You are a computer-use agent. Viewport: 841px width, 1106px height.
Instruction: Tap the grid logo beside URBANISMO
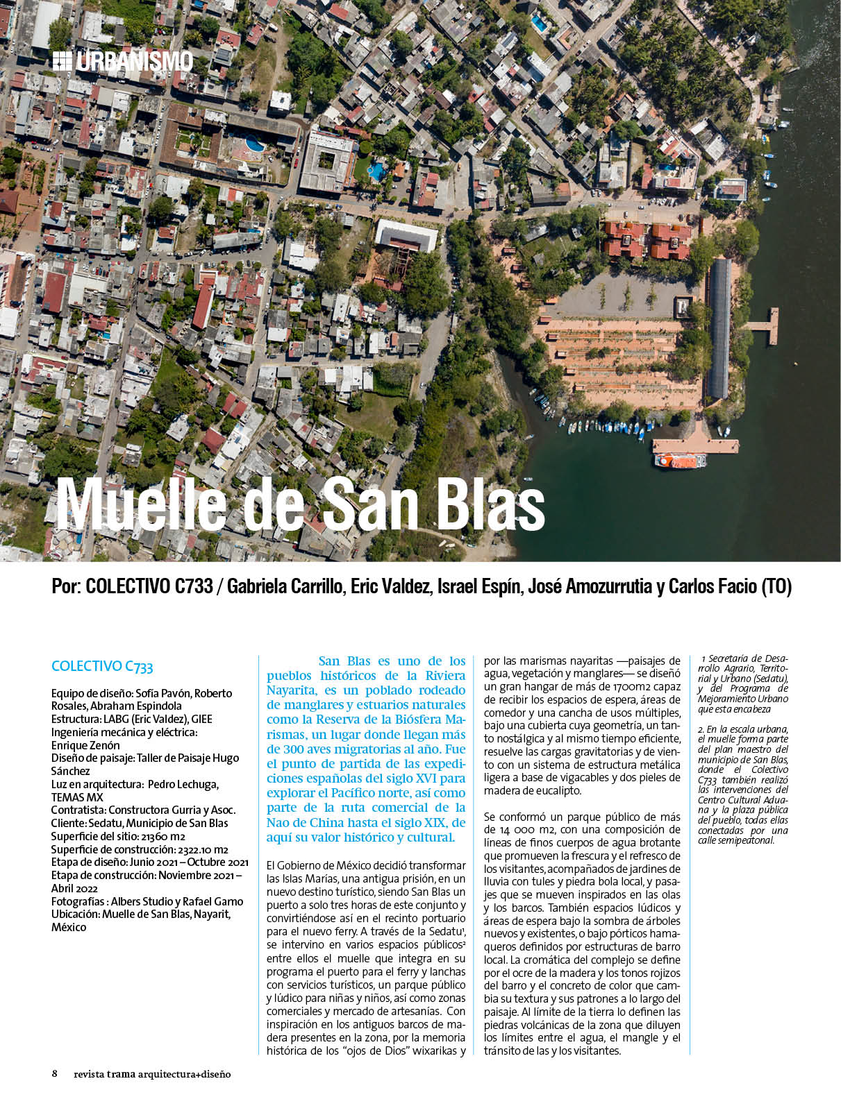coord(62,61)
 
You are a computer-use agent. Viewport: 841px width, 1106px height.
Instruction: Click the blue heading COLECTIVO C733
coord(102,667)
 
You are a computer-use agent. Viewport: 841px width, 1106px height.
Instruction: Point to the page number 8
coord(55,1073)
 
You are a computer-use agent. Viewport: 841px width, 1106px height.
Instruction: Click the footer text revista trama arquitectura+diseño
coord(152,1074)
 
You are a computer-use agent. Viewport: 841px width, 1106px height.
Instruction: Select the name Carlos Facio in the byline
coord(713,587)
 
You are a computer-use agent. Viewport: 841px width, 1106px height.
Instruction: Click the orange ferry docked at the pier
coord(679,460)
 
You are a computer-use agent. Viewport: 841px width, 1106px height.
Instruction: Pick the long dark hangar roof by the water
coord(718,326)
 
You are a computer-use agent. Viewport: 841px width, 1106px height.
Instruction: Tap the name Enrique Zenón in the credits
coord(85,745)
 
